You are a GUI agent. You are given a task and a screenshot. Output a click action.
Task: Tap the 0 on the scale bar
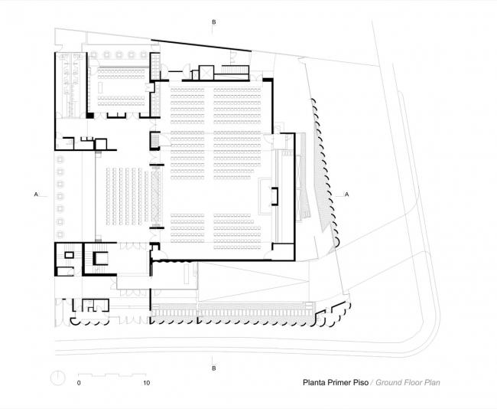[79, 381]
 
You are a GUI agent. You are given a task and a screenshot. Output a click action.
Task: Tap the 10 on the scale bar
[145, 381]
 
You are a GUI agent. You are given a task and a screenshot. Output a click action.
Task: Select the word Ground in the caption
[391, 381]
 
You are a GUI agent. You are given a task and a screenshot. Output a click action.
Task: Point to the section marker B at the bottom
[213, 368]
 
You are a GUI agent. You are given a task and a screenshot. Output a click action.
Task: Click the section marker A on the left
[36, 195]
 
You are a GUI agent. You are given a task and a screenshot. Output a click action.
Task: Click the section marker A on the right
[349, 195]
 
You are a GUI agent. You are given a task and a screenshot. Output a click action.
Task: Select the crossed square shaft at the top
[206, 73]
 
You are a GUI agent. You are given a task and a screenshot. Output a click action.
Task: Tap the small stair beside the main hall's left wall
[154, 141]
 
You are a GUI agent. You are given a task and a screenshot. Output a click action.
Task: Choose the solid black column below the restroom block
[89, 116]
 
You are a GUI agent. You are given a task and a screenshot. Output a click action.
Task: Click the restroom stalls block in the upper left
[70, 84]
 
